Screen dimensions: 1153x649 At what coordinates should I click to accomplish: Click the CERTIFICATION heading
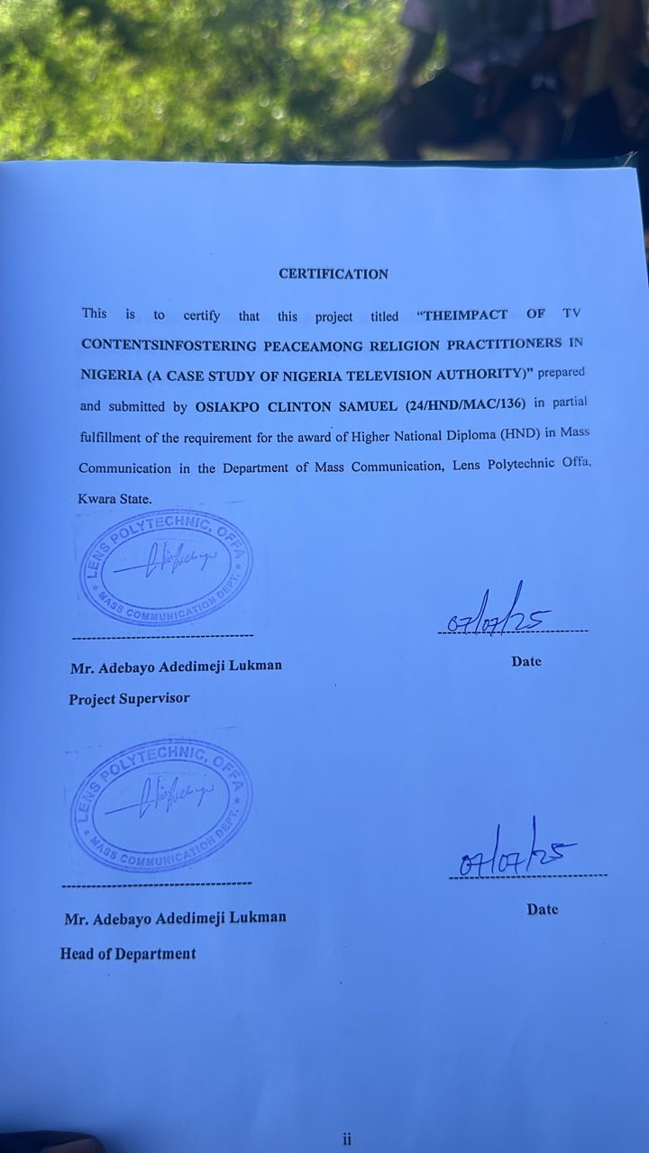[x=333, y=274]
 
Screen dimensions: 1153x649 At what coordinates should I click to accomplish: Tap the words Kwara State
[x=115, y=498]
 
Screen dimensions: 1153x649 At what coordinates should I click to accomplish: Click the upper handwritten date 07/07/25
[x=499, y=614]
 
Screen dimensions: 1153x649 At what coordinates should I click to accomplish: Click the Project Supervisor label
[x=129, y=699]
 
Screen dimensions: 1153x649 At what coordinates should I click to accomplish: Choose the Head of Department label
[x=128, y=954]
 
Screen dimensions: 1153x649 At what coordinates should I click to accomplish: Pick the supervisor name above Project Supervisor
[x=176, y=667]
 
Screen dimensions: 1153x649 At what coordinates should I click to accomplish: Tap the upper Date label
[x=526, y=661]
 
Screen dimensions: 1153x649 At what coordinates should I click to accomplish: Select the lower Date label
[x=543, y=910]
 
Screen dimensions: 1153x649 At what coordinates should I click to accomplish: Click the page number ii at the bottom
[x=347, y=1139]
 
